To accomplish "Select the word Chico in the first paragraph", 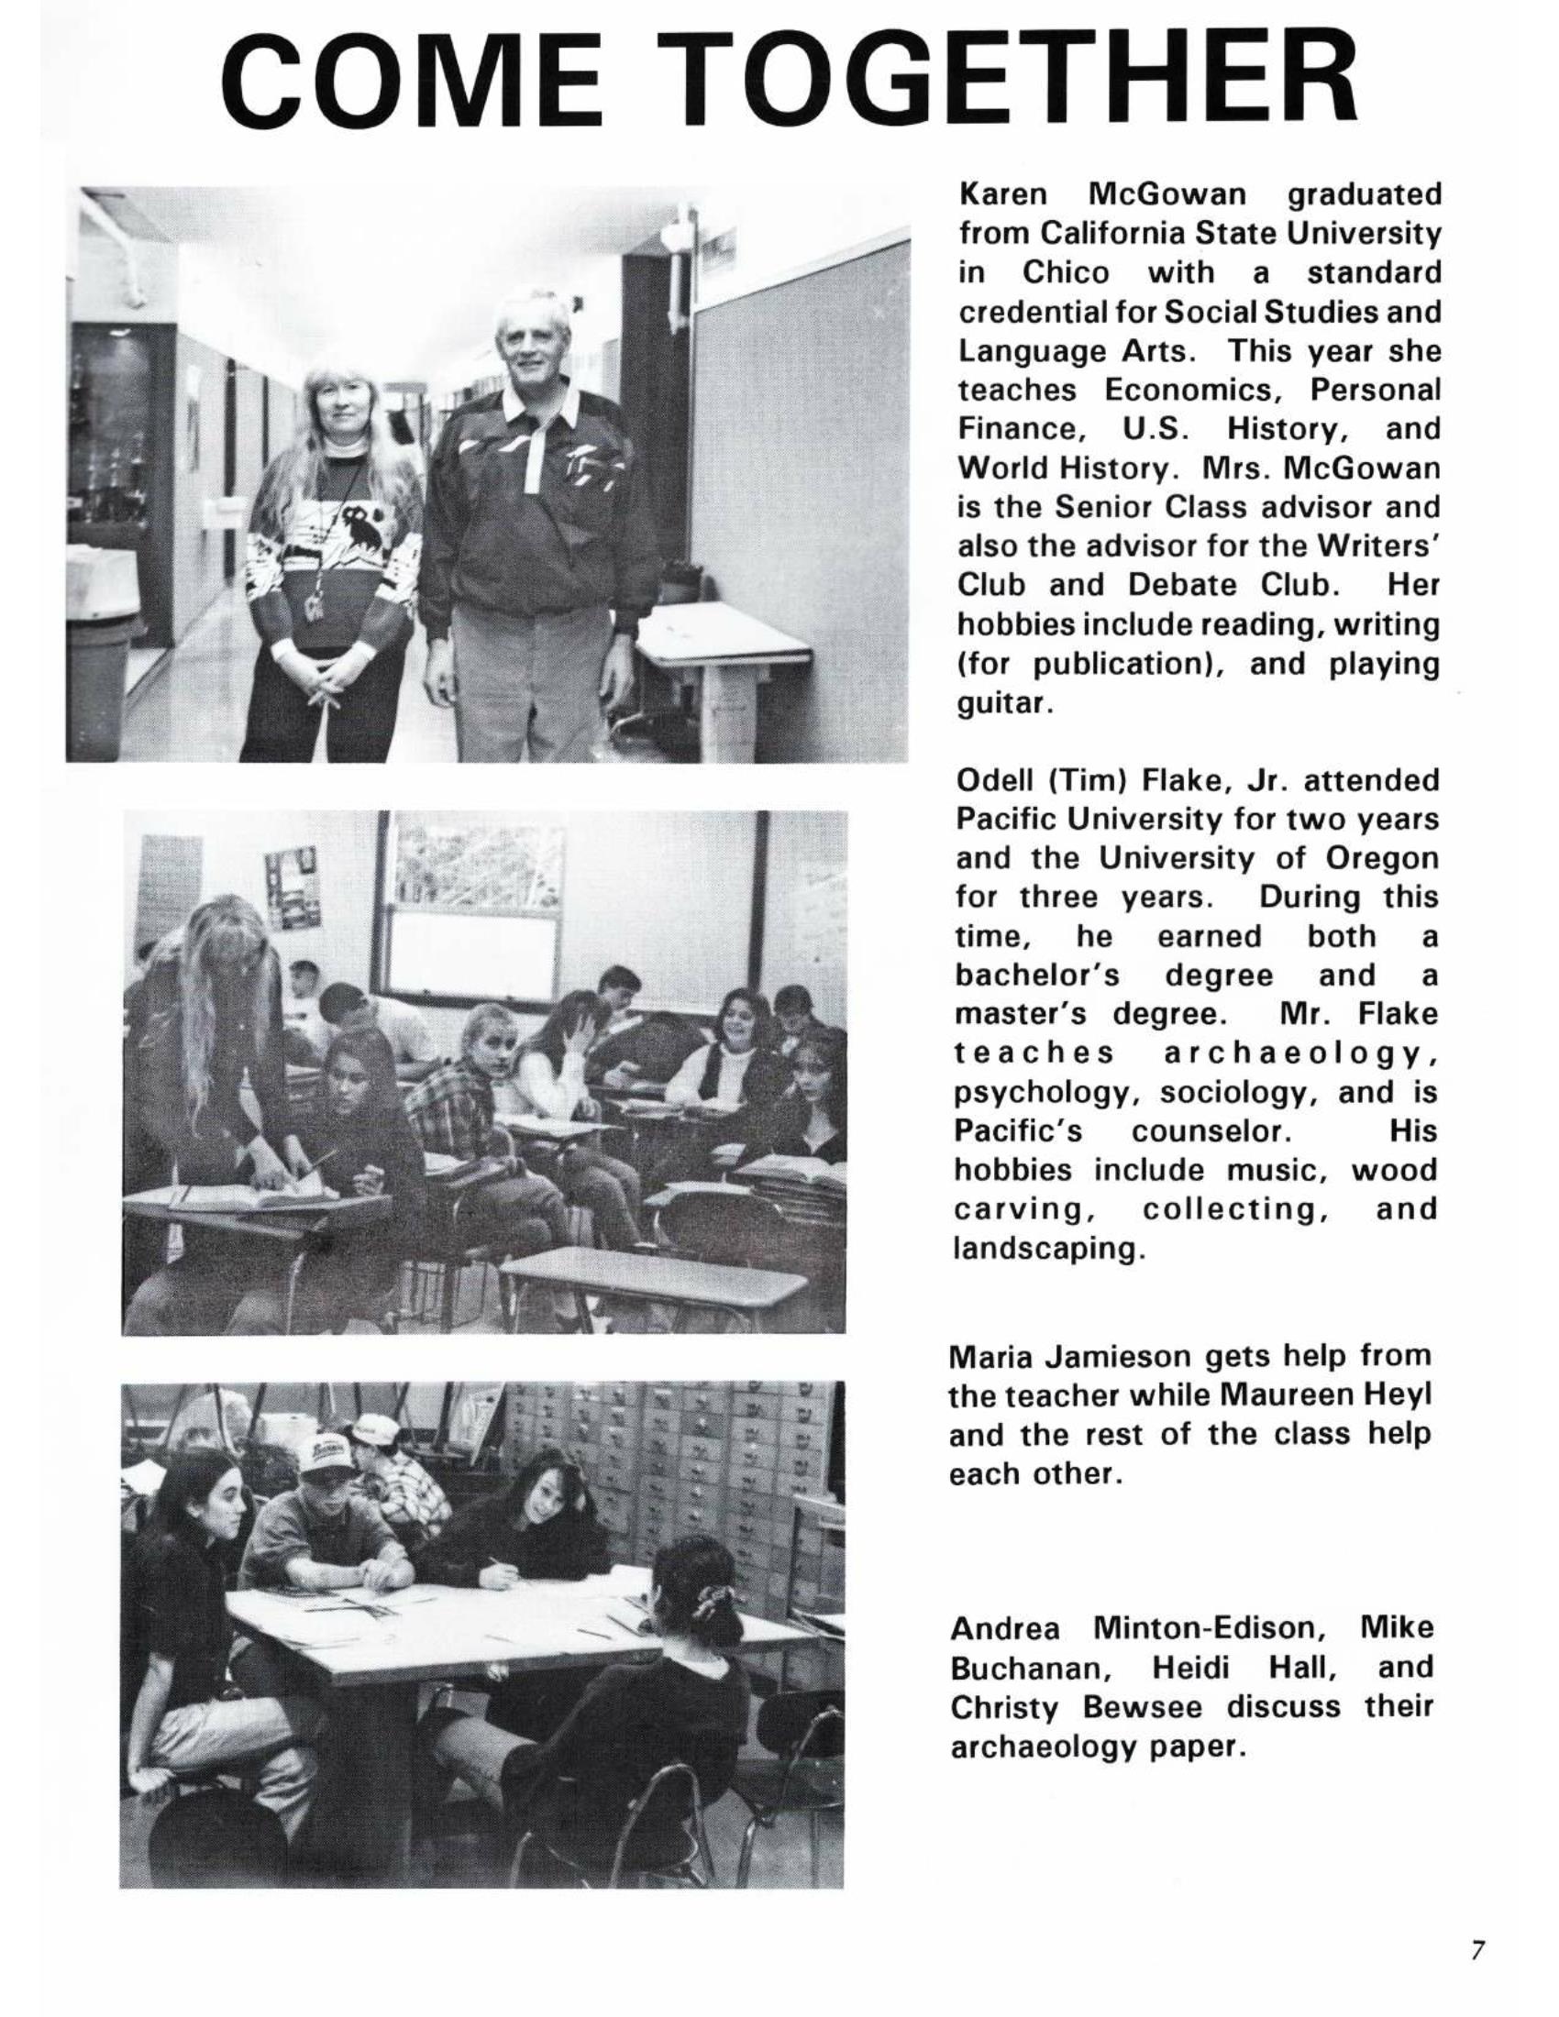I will coord(1066,273).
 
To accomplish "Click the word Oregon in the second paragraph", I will coord(1382,858).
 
